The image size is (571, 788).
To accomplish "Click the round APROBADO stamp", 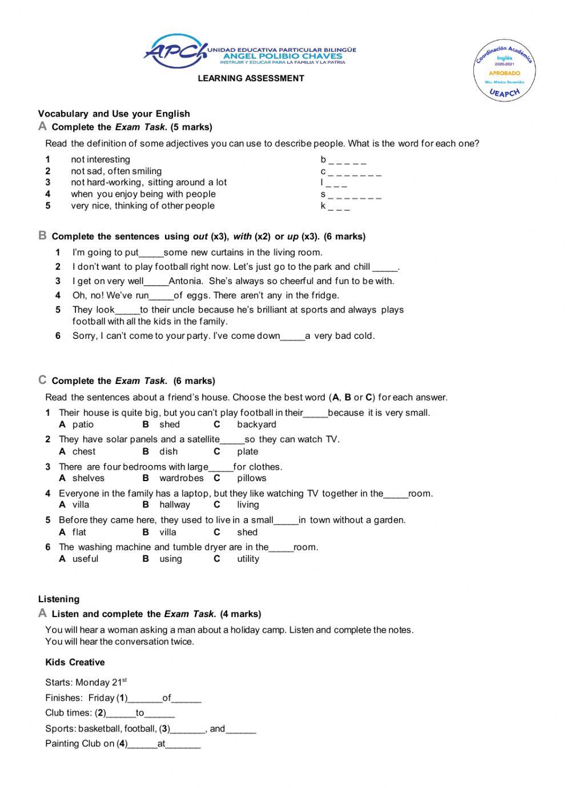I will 504,71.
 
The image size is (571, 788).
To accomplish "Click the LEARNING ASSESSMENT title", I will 251,78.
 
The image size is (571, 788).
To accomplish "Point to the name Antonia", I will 186,281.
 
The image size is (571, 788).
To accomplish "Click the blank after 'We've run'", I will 161,296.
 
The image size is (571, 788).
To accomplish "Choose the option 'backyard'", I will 256,425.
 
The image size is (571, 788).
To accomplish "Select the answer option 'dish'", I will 168,451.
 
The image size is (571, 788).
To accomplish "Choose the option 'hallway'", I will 175,505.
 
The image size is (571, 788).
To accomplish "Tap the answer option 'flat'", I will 79,532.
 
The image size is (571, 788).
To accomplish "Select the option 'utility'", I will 248,559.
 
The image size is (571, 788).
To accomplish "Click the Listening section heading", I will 59,599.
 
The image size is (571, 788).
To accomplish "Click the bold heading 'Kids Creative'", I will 75,662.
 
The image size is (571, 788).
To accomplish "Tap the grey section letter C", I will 42,380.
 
